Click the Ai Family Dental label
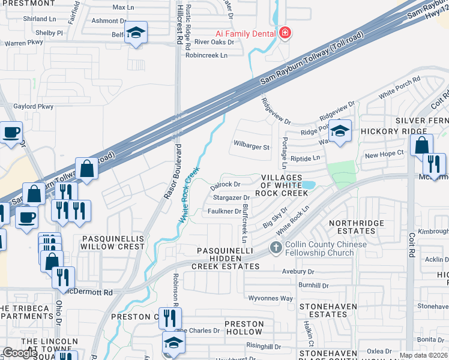click(x=246, y=33)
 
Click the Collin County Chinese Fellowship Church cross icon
click(x=276, y=247)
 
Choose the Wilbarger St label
click(x=252, y=146)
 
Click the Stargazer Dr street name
click(x=231, y=197)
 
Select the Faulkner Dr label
click(x=224, y=211)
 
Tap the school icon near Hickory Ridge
click(x=340, y=131)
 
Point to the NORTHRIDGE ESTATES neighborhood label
click(x=356, y=227)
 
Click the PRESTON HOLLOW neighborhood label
click(x=243, y=328)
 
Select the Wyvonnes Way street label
click(x=271, y=298)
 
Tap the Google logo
click(x=20, y=352)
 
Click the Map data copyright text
click(x=424, y=355)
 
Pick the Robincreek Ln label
click(x=206, y=55)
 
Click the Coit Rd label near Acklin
click(x=411, y=246)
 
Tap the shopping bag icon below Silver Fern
click(x=422, y=146)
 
